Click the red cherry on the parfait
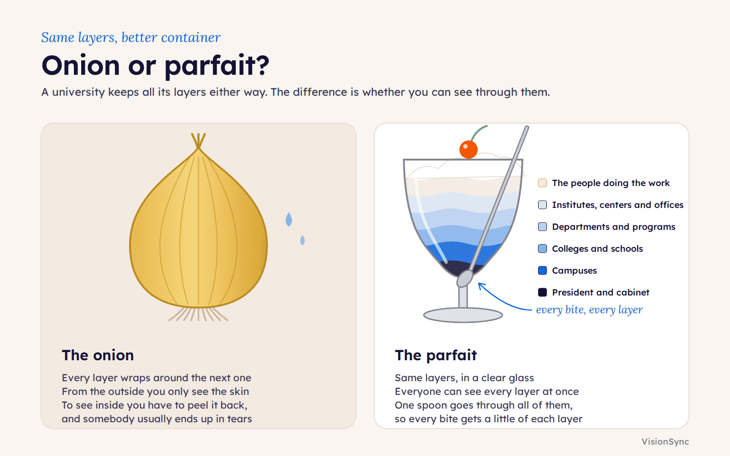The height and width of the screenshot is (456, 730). click(x=468, y=150)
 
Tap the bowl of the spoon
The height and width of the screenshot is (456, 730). click(x=465, y=279)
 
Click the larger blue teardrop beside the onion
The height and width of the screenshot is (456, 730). click(x=289, y=219)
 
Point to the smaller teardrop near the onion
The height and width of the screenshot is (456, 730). click(x=302, y=240)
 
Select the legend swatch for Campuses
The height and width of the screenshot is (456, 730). click(x=542, y=270)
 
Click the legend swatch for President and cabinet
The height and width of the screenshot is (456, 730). click(x=542, y=292)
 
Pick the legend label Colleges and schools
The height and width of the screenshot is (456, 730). click(x=597, y=249)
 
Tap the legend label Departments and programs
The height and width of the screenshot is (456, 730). click(x=614, y=227)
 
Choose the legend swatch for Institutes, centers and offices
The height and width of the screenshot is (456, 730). click(x=542, y=205)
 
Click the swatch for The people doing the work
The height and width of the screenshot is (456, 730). click(x=542, y=183)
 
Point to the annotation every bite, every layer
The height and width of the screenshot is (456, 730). click(x=589, y=310)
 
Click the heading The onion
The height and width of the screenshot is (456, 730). click(x=98, y=355)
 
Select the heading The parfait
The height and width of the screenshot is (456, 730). click(x=436, y=355)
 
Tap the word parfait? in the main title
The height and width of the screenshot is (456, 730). click(x=217, y=66)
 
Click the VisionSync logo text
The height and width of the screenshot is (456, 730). click(x=665, y=442)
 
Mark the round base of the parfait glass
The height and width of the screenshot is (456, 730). click(x=463, y=315)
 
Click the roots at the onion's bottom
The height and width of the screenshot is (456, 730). click(x=198, y=314)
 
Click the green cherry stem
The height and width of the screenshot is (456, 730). click(x=479, y=133)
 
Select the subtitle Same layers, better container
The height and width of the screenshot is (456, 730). click(x=130, y=37)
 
